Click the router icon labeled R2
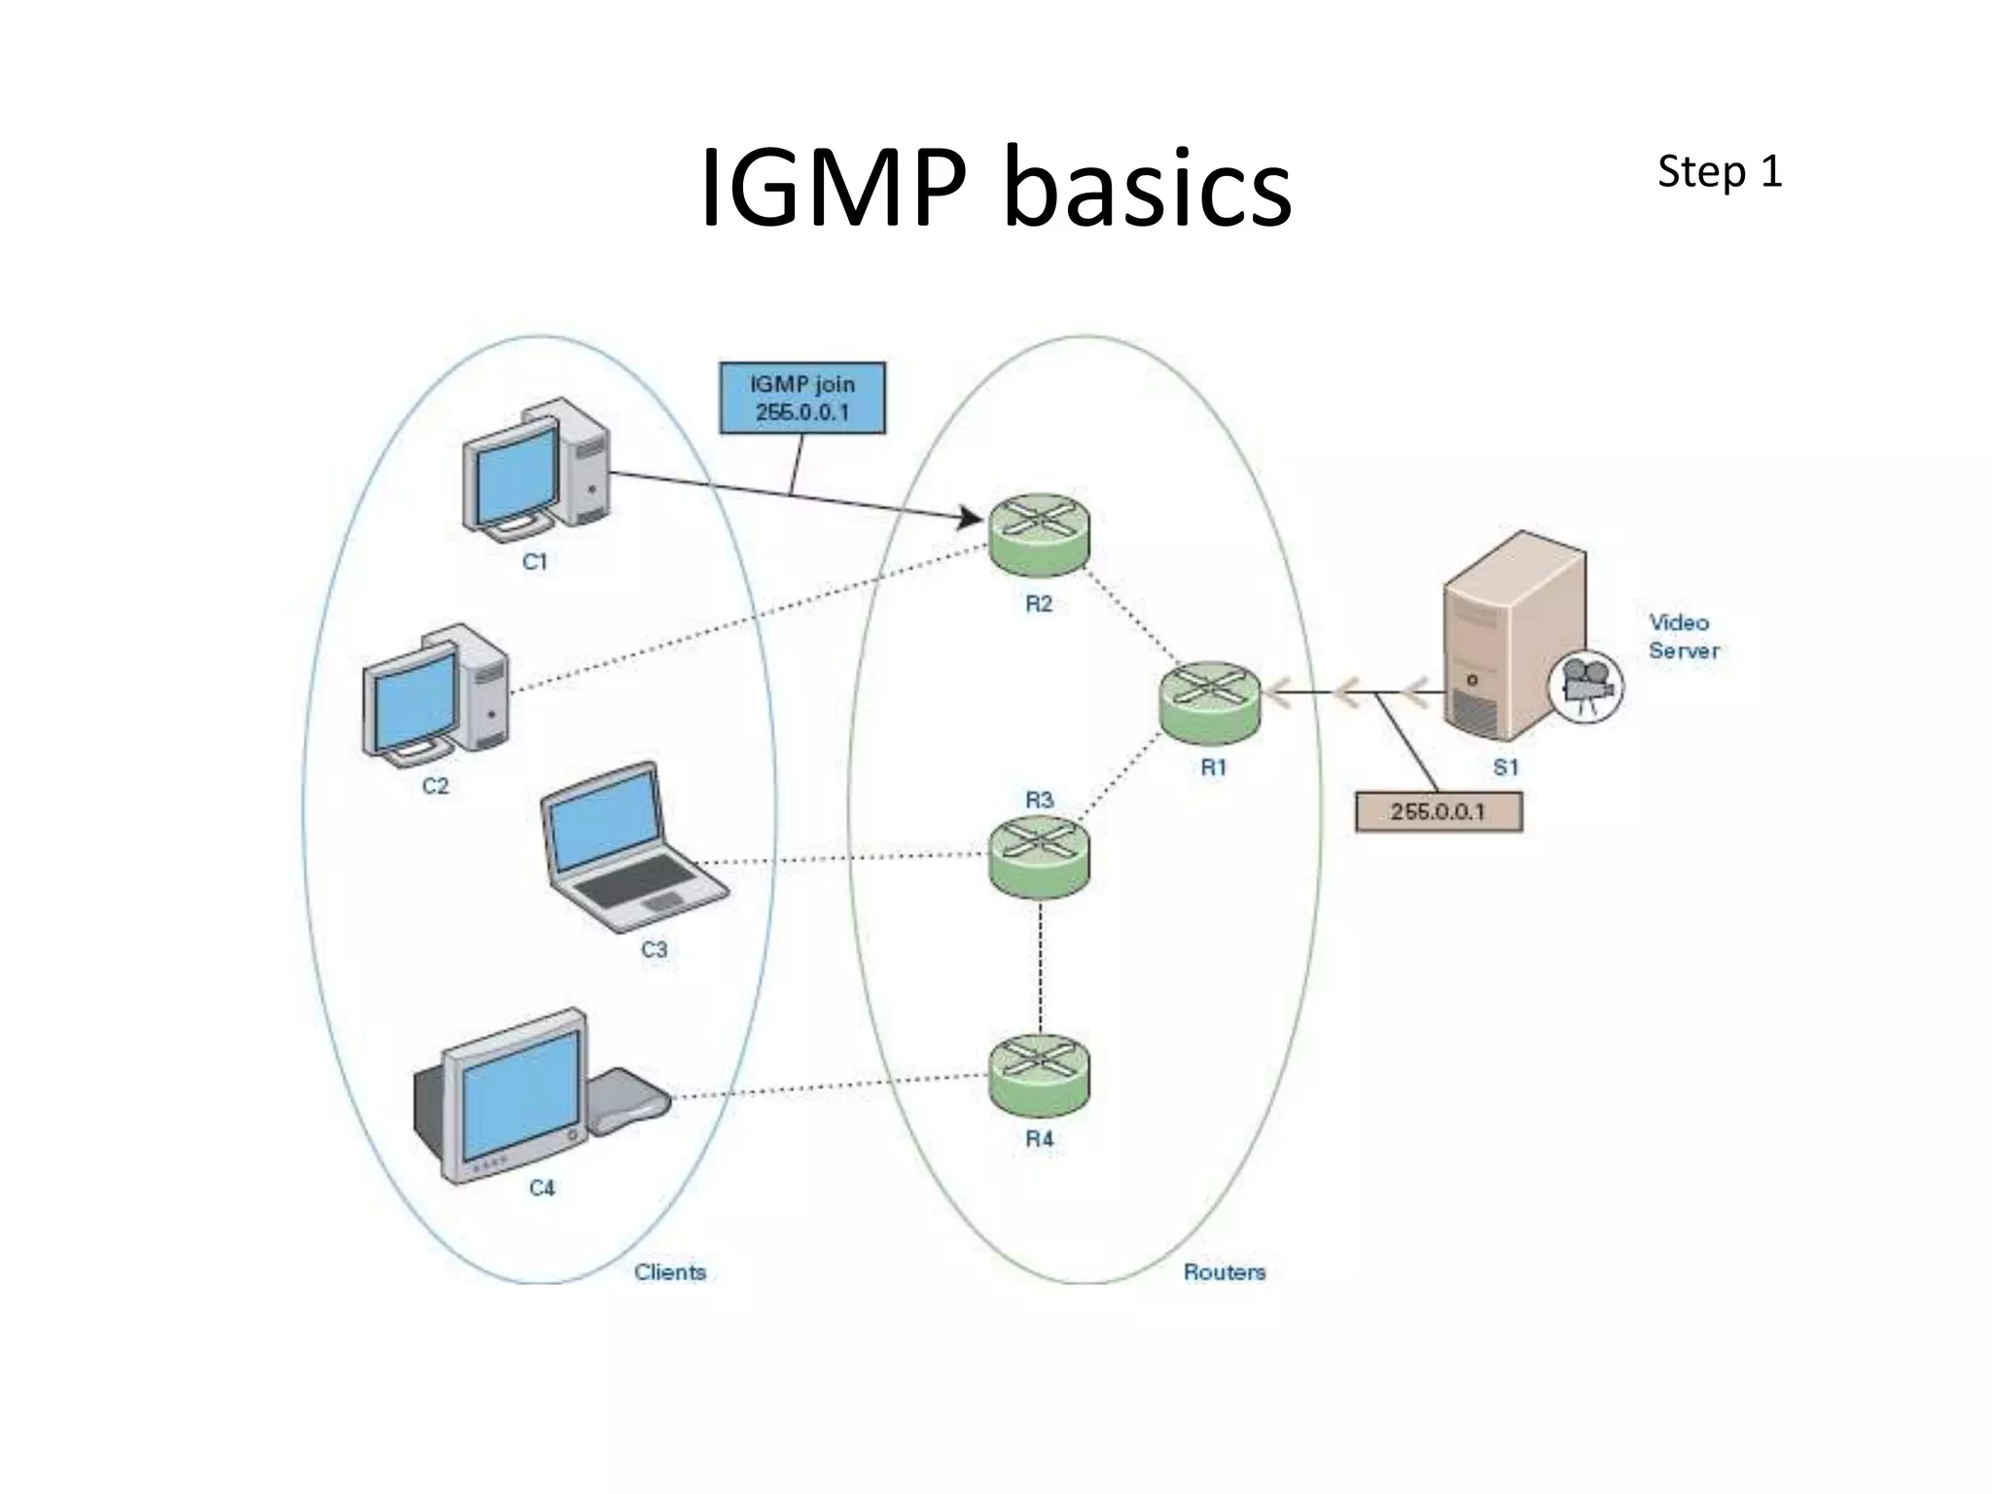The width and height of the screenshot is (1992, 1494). [x=1039, y=534]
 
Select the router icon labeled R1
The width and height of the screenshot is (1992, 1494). [x=1210, y=702]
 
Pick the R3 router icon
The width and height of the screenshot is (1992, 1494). [x=1039, y=855]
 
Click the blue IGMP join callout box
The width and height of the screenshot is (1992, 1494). [x=801, y=398]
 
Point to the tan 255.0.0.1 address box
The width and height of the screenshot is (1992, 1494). [x=1438, y=811]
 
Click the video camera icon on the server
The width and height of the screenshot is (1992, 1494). [x=1584, y=687]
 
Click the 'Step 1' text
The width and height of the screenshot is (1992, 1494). [x=1719, y=172]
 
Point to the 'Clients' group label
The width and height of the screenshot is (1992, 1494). [x=669, y=1271]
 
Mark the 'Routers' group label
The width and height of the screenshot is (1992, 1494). [x=1224, y=1271]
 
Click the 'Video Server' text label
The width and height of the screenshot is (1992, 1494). [x=1683, y=636]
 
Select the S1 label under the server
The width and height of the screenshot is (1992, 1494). [x=1505, y=767]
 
